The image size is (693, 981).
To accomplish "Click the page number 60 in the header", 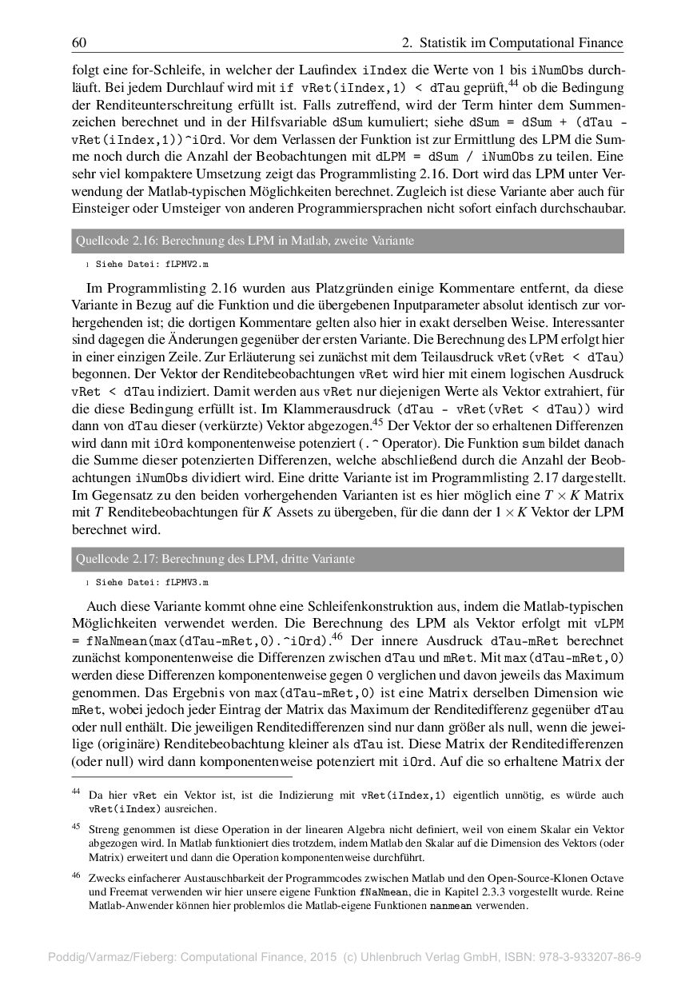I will [x=79, y=42].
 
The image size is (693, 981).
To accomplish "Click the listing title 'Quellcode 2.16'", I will [x=245, y=241].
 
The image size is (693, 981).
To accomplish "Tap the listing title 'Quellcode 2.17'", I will [x=215, y=559].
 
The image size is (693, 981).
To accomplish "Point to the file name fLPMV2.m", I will [x=188, y=263].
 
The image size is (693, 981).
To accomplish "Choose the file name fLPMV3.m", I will [x=188, y=582].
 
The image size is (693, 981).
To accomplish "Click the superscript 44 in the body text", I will [x=514, y=83].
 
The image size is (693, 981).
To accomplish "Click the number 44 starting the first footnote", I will [x=76, y=792].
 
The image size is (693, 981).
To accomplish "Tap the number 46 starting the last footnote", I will [x=76, y=875].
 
